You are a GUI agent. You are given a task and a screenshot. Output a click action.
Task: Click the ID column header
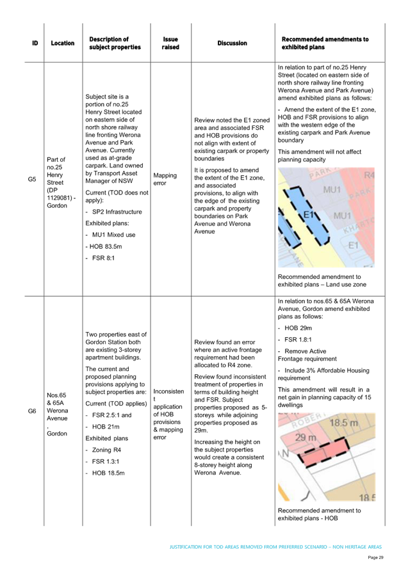35,43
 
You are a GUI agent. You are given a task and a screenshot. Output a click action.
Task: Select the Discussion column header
233,43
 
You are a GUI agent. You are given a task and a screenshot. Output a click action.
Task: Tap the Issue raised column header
170,43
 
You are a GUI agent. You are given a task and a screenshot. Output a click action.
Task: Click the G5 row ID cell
32,179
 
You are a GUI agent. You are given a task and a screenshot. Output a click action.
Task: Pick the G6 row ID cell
32,411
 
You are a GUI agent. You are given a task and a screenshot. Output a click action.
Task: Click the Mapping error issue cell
165,179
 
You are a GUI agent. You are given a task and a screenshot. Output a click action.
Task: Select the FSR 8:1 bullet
100,258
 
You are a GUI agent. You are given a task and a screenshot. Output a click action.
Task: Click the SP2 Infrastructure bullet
113,212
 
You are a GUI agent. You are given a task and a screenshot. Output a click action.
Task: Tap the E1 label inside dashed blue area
308,214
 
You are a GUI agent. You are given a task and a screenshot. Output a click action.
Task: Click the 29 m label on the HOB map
306,438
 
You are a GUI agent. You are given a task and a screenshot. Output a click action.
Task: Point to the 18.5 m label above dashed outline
343,422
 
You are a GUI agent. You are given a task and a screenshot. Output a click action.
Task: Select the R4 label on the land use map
369,175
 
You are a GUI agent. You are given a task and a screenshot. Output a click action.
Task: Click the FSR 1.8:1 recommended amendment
295,339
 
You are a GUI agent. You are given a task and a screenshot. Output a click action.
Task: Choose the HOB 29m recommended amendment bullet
295,328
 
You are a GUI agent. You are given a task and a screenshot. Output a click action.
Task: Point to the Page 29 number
375,558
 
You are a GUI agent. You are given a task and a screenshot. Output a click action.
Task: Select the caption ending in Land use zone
322,280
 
